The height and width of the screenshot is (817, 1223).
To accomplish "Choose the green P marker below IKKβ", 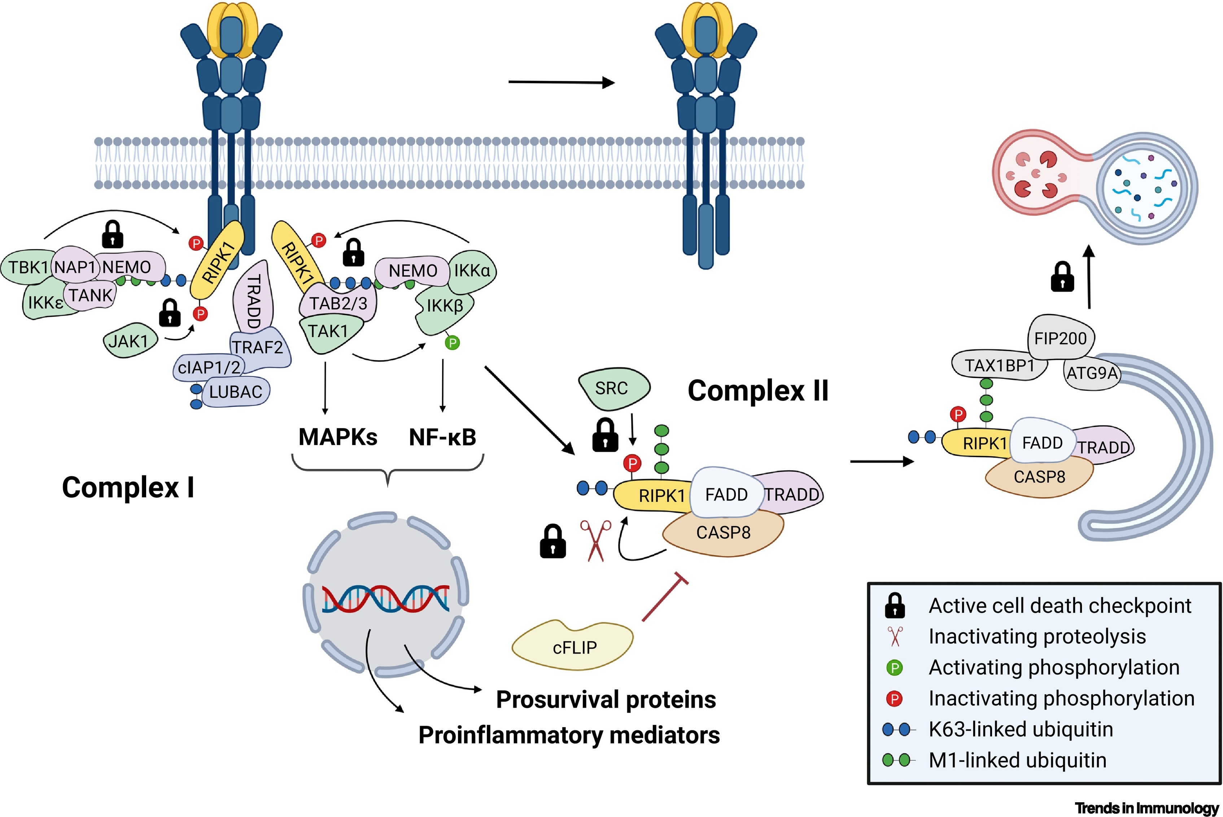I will (452, 343).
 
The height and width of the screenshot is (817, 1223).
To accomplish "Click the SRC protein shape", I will (612, 388).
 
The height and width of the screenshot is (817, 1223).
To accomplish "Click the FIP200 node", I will (1060, 339).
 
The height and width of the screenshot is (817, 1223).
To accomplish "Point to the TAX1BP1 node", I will (999, 366).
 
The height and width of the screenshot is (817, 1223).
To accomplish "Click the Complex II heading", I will (758, 391).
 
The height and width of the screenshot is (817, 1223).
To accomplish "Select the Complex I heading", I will (128, 488).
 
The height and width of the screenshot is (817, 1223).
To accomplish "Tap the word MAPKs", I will (338, 437).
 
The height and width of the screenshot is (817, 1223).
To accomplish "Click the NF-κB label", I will (442, 437).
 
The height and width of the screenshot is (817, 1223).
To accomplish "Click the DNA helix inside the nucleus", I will (386, 599).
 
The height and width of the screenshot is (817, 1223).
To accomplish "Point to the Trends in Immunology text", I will (1147, 808).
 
